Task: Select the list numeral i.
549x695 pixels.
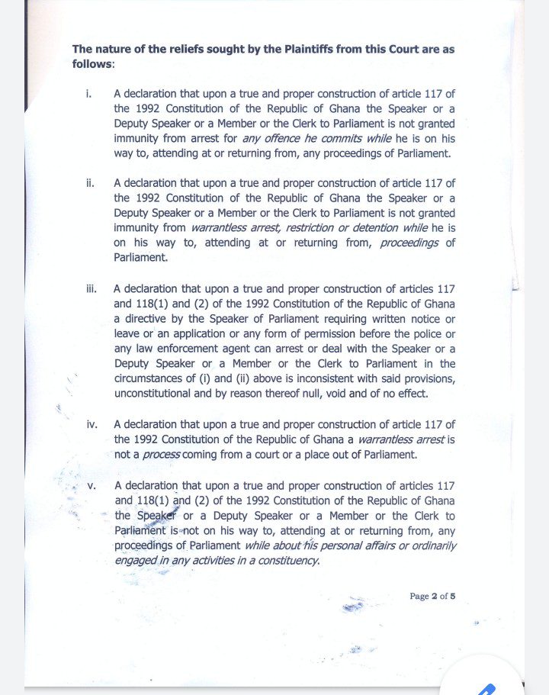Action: [88, 94]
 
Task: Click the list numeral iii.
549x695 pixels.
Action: [90, 289]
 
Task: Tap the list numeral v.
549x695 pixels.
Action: [91, 486]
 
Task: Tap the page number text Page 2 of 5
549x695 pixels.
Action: [432, 596]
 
